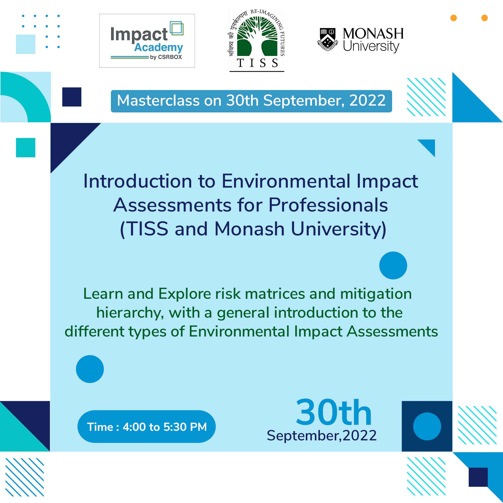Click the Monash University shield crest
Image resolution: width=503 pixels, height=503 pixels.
click(327, 39)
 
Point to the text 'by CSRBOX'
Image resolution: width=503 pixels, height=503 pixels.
click(166, 57)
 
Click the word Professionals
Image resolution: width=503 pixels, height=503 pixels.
click(328, 205)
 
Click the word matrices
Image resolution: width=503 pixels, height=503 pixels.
click(275, 294)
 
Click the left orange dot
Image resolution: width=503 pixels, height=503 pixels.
click(453, 18)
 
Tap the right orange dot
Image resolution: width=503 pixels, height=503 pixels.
click(485, 18)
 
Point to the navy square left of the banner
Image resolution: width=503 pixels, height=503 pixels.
click(72, 97)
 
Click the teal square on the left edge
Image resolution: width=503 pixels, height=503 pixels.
click(25, 148)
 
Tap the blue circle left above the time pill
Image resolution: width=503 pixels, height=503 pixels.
click(90, 369)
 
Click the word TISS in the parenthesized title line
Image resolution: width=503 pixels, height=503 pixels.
click(148, 229)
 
